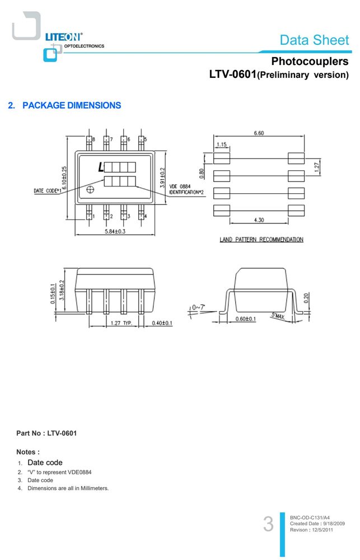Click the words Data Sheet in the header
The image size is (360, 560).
(314, 40)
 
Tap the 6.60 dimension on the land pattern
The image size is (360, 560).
(259, 133)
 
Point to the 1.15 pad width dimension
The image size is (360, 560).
(221, 144)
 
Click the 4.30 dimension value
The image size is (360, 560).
(259, 220)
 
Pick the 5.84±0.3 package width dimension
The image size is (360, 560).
(115, 231)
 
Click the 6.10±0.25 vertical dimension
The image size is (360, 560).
(64, 178)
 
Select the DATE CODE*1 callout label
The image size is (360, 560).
(48, 191)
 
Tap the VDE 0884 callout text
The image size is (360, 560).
(180, 186)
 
